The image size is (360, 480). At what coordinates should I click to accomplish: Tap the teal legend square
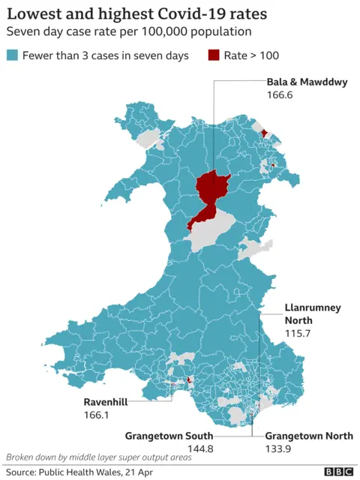coord(12,55)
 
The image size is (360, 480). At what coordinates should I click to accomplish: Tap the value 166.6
coord(280,96)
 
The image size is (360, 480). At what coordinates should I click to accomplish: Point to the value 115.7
coord(297,332)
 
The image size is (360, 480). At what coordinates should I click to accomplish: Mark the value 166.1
coord(97,414)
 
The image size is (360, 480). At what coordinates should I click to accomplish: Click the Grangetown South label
coord(169,435)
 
